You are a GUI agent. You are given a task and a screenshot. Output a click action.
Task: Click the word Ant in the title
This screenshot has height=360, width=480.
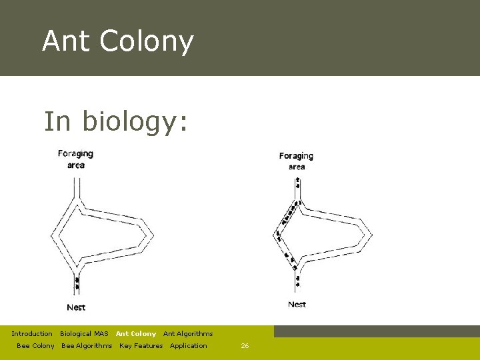[x=66, y=41]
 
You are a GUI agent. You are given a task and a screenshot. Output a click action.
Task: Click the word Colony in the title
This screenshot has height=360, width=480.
[x=147, y=41]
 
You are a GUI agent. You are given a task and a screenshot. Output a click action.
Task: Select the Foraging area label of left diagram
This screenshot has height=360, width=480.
[x=75, y=159]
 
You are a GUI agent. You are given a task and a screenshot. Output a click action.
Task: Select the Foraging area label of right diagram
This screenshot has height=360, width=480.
[x=296, y=161]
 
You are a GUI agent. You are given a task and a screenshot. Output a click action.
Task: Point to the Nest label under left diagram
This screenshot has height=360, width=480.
[x=76, y=307]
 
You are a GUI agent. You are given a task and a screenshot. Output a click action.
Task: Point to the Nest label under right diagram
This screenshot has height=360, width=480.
[x=297, y=305]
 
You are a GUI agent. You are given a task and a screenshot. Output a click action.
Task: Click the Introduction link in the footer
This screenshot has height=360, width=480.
[x=32, y=333]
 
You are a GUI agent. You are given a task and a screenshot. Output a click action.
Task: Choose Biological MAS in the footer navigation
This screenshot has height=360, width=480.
[x=84, y=333]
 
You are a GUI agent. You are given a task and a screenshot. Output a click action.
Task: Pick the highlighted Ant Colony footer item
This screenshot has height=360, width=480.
[x=136, y=333]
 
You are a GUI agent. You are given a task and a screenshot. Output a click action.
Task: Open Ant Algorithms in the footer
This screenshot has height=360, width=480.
[x=188, y=333]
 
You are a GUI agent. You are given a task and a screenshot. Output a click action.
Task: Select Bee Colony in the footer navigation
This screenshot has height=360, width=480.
[x=35, y=345]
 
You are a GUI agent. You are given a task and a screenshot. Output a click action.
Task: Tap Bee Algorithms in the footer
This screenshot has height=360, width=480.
[x=87, y=345]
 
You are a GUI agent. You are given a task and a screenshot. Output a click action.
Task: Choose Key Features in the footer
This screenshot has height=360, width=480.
[x=141, y=345]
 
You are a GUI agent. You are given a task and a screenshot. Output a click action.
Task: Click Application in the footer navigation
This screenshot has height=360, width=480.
[x=189, y=345]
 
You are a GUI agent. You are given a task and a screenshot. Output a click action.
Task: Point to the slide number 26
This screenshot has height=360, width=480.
[x=245, y=345]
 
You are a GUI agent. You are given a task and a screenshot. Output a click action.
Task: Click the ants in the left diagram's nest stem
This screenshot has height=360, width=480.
[x=77, y=283]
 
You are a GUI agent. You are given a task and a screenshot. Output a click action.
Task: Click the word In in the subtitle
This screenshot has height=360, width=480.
[x=57, y=122]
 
